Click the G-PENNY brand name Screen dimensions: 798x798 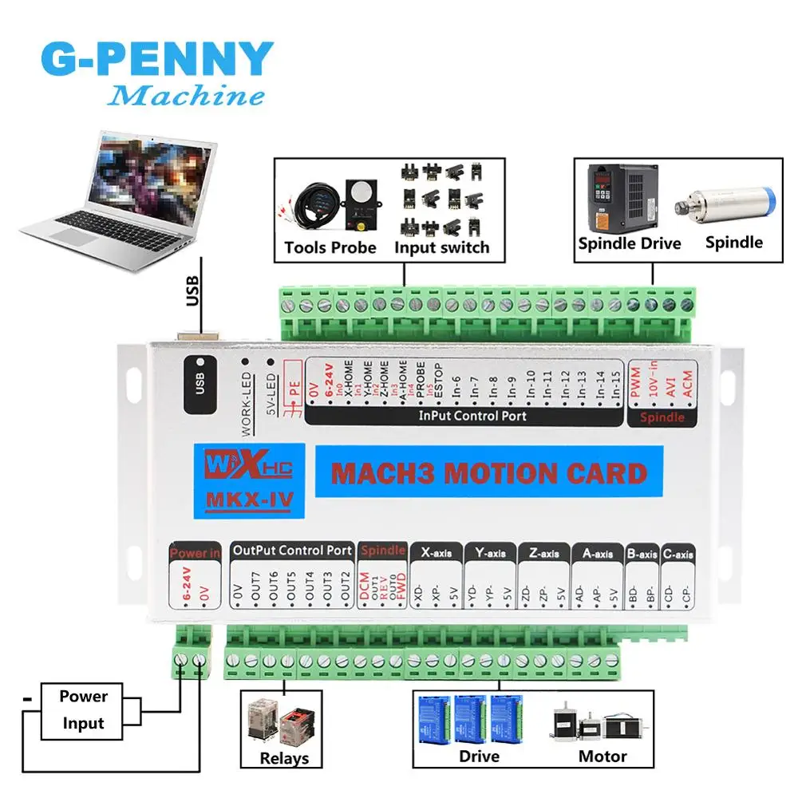click(156, 60)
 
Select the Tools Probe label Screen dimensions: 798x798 click(330, 247)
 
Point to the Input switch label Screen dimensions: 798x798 click(441, 247)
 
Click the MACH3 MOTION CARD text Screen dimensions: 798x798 click(488, 473)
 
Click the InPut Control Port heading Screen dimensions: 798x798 click(472, 416)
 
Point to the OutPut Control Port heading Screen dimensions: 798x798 click(292, 551)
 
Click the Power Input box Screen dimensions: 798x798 click(82, 709)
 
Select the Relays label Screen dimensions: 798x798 click(284, 758)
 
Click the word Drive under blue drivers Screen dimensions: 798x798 click(480, 756)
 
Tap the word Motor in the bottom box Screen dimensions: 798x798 click(602, 756)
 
